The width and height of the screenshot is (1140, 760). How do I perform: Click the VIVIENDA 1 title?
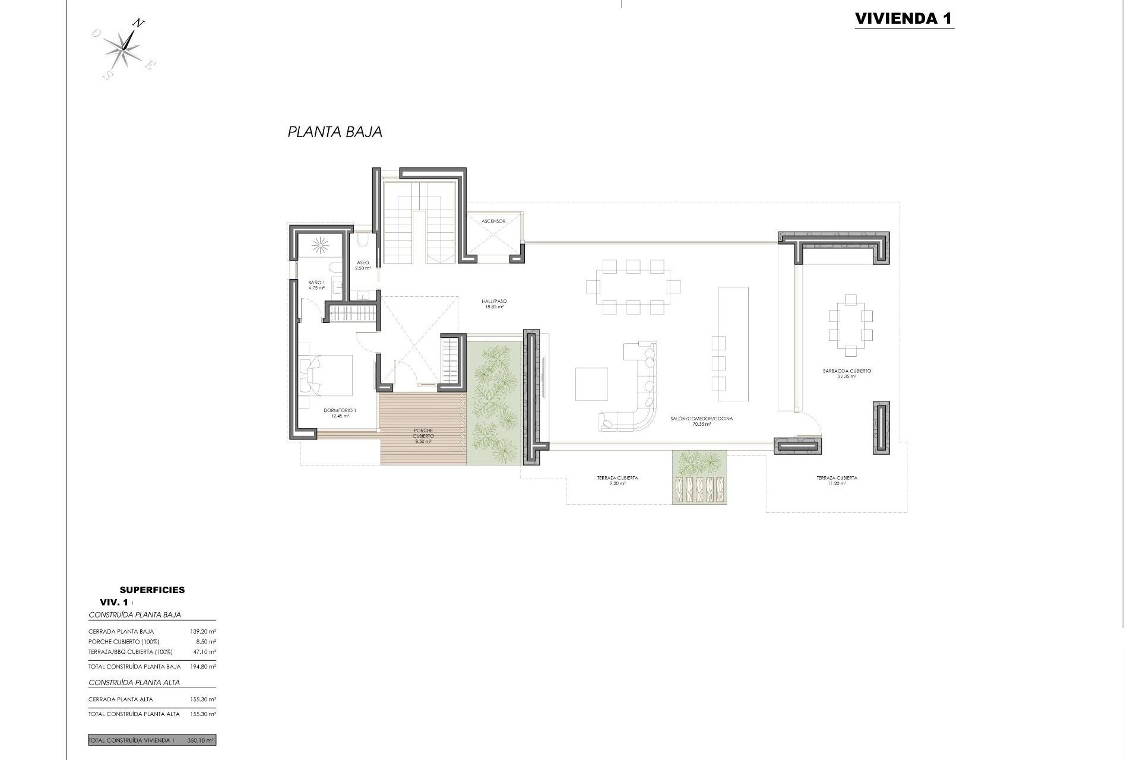coord(904,18)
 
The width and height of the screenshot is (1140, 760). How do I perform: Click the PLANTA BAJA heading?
coord(335,132)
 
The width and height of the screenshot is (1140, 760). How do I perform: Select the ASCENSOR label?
coord(493,221)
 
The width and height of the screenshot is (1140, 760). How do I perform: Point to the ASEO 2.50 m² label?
coord(363,265)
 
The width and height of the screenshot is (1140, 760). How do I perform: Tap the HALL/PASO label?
coord(493,304)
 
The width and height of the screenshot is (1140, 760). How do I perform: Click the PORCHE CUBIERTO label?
coord(423,436)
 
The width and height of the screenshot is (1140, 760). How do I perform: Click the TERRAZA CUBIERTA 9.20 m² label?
coord(617,480)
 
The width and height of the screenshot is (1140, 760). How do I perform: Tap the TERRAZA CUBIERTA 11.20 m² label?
coord(837,480)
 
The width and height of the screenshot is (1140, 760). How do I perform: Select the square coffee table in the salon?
coord(591,384)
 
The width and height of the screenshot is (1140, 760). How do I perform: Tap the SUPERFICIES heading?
coord(152,590)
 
